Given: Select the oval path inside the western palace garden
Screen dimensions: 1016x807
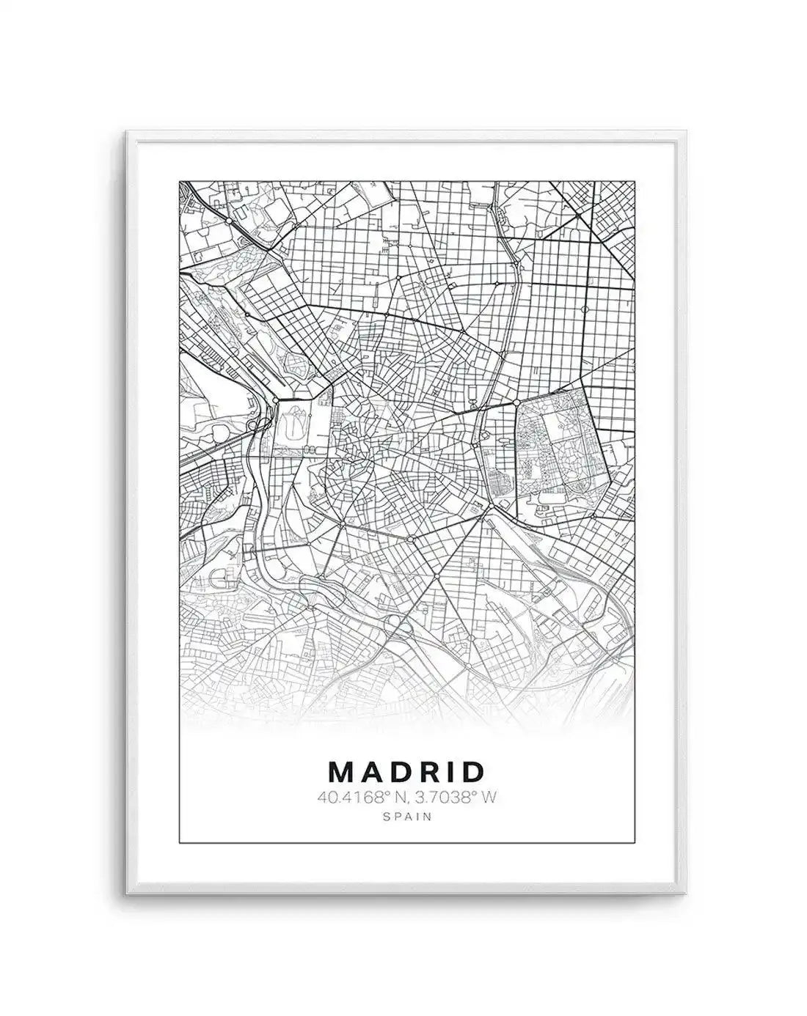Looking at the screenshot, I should coord(292,423).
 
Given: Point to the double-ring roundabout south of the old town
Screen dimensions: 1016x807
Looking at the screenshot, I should coord(410,540).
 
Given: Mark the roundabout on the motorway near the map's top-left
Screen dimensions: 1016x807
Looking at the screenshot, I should coord(229,220).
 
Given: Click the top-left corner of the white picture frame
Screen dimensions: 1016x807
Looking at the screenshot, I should coord(127,133).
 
